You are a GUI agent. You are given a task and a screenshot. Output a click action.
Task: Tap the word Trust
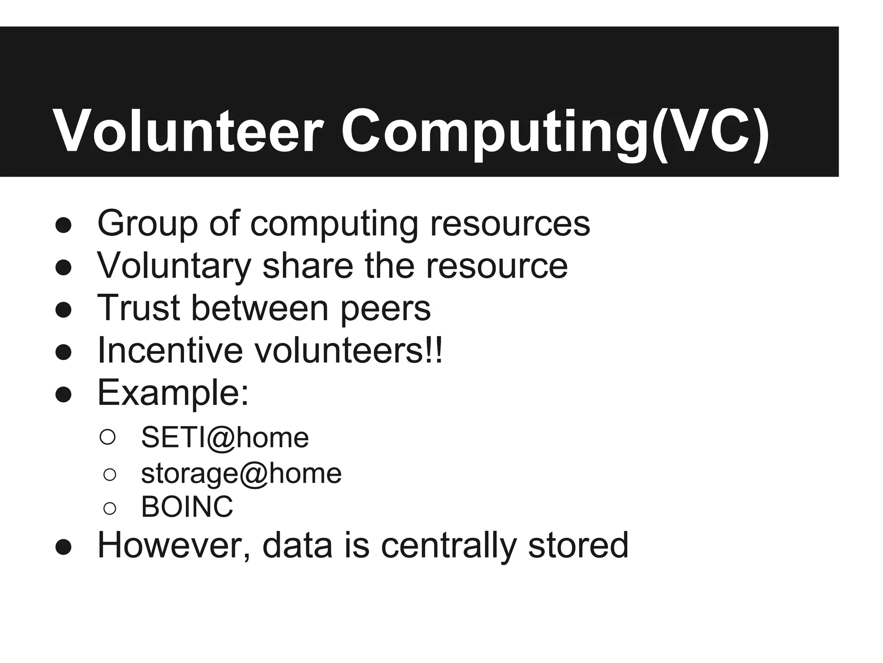pyautogui.click(x=138, y=308)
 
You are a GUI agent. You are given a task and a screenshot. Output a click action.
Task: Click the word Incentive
pyautogui.click(x=170, y=350)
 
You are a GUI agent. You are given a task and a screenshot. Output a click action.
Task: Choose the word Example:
pyautogui.click(x=173, y=393)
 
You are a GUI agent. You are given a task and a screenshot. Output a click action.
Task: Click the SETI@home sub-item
pyautogui.click(x=225, y=437)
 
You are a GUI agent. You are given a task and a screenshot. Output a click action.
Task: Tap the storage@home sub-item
pyautogui.click(x=241, y=474)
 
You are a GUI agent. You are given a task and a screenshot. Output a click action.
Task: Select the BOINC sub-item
pyautogui.click(x=187, y=507)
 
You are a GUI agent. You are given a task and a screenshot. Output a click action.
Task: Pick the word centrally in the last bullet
pyautogui.click(x=448, y=546)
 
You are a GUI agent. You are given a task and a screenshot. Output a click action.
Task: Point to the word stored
pyautogui.click(x=578, y=545)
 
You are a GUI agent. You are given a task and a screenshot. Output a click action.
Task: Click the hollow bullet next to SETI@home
pyautogui.click(x=107, y=437)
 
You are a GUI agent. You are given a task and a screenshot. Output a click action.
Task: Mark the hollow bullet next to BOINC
pyautogui.click(x=110, y=508)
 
